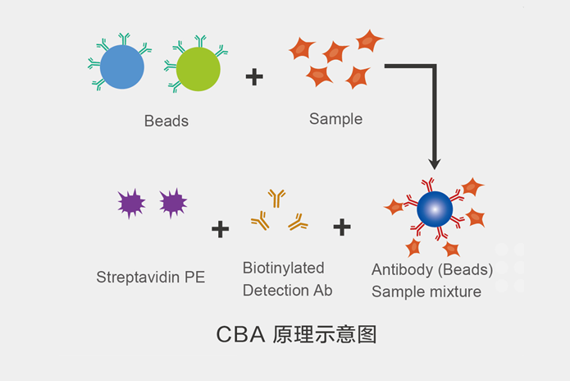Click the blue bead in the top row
tap(122, 68)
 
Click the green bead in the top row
tap(198, 69)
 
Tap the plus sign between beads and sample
tap(254, 77)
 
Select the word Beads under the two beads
tap(166, 122)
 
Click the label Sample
tap(335, 119)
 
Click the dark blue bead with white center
tap(435, 210)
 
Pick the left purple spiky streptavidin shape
tap(131, 202)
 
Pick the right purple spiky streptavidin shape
tap(173, 202)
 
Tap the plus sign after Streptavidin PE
tap(220, 228)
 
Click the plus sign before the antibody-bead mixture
tap(342, 227)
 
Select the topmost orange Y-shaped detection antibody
tap(276, 197)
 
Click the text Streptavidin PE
tap(151, 277)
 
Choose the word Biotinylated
tap(283, 268)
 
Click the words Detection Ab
tap(287, 290)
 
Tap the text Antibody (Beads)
tap(432, 269)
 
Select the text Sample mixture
tap(426, 291)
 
